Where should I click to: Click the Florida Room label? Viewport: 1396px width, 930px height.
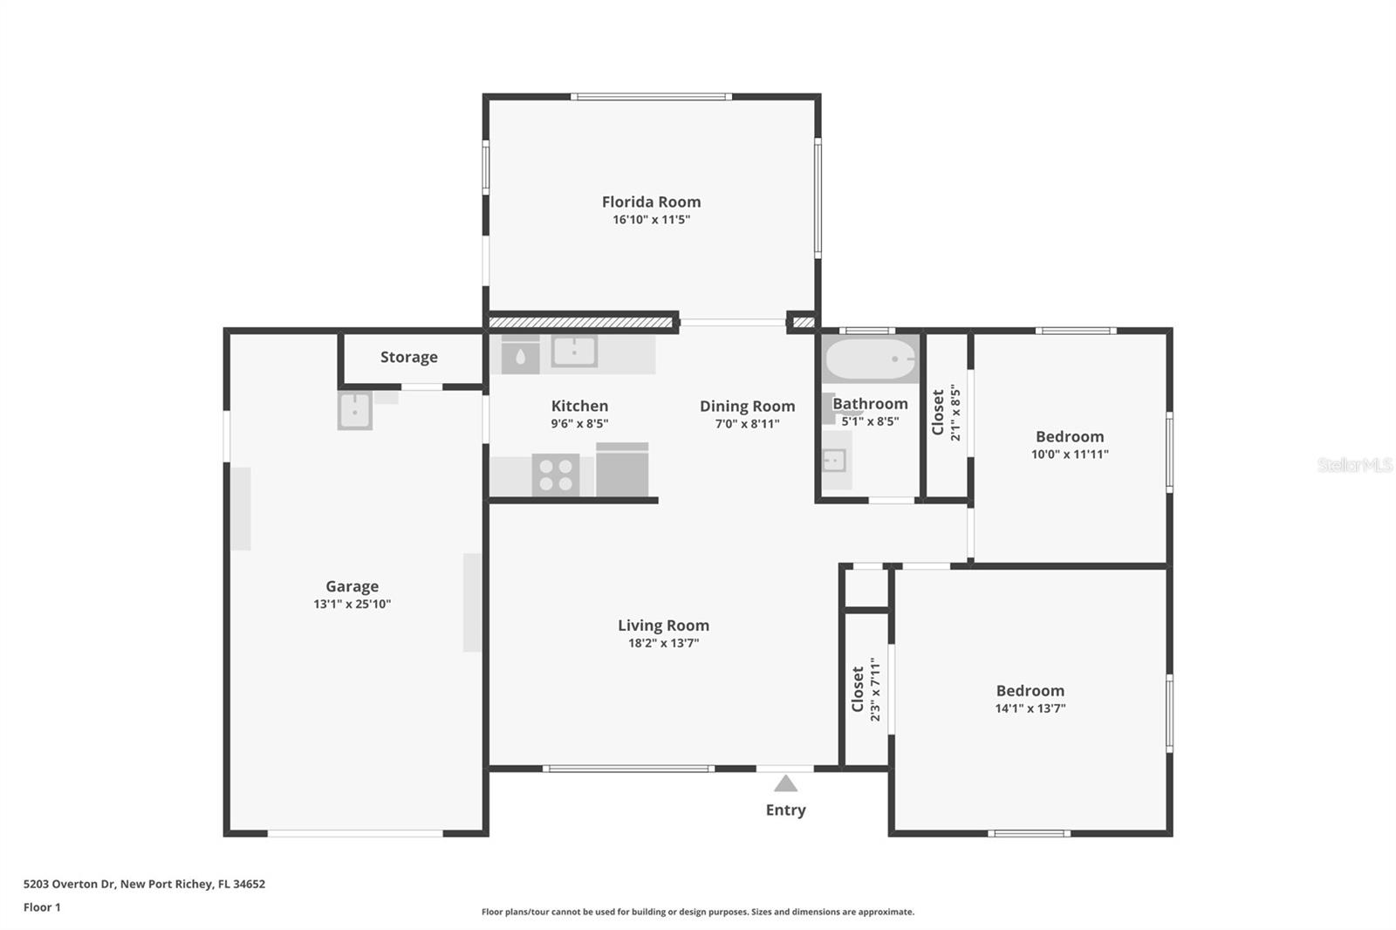(x=651, y=202)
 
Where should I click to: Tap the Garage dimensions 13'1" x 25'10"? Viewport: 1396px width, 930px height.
(x=352, y=604)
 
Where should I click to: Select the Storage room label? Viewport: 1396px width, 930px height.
(x=408, y=357)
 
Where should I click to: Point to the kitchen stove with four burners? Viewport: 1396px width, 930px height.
(x=556, y=475)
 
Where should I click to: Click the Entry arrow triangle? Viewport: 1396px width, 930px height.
(x=785, y=783)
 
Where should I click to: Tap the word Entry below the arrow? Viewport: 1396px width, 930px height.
(x=785, y=810)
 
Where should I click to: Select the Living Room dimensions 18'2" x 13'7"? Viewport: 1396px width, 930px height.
(x=663, y=643)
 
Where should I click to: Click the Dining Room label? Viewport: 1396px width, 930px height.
(x=747, y=406)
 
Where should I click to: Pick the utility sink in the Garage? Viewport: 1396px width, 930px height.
(x=355, y=410)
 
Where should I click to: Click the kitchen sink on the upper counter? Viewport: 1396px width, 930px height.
(x=574, y=352)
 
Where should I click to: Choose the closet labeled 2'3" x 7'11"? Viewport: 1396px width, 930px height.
(x=866, y=689)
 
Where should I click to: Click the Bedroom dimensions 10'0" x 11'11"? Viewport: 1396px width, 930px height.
(x=1070, y=454)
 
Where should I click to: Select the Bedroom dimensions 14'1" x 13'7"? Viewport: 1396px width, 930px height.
(x=1030, y=708)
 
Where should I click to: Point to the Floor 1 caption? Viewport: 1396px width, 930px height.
(x=42, y=907)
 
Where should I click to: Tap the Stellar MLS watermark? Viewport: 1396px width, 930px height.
(x=1354, y=465)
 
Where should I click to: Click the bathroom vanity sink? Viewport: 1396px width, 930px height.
(x=834, y=459)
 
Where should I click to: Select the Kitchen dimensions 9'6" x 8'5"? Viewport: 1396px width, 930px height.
(x=579, y=424)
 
